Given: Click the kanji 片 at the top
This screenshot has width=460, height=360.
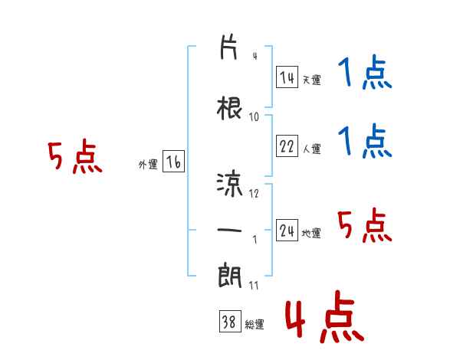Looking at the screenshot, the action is [x=228, y=47].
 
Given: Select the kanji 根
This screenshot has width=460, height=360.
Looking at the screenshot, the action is [x=229, y=109].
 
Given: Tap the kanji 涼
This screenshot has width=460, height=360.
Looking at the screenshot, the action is [x=230, y=185].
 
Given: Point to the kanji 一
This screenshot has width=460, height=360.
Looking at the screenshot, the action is [x=229, y=230].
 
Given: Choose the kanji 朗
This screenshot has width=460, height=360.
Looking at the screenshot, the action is [x=230, y=276].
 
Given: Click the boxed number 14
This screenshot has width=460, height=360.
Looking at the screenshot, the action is [x=287, y=77].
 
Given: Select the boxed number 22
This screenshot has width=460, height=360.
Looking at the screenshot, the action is [x=287, y=146].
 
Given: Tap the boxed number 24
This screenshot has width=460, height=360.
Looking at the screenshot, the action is [x=287, y=230].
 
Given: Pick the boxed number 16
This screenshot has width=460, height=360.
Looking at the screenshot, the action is [x=173, y=162].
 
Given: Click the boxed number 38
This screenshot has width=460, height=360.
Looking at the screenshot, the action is [x=230, y=321].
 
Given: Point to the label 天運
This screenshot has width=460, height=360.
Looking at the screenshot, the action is [x=311, y=80].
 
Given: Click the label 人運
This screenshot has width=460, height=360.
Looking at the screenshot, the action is [x=311, y=149].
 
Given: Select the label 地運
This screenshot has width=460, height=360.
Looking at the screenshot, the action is [x=311, y=233].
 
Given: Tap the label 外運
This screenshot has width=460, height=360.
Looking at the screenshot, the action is [x=148, y=165].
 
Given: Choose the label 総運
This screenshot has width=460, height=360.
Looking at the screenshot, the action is [x=255, y=325].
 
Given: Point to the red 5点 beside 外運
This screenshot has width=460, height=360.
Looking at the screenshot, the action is [x=75, y=156].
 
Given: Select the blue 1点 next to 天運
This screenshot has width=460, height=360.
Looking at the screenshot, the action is [x=365, y=71].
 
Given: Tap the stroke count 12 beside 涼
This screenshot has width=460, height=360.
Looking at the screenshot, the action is [x=254, y=193].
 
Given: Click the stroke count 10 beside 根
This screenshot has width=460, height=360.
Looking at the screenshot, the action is [x=254, y=117].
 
